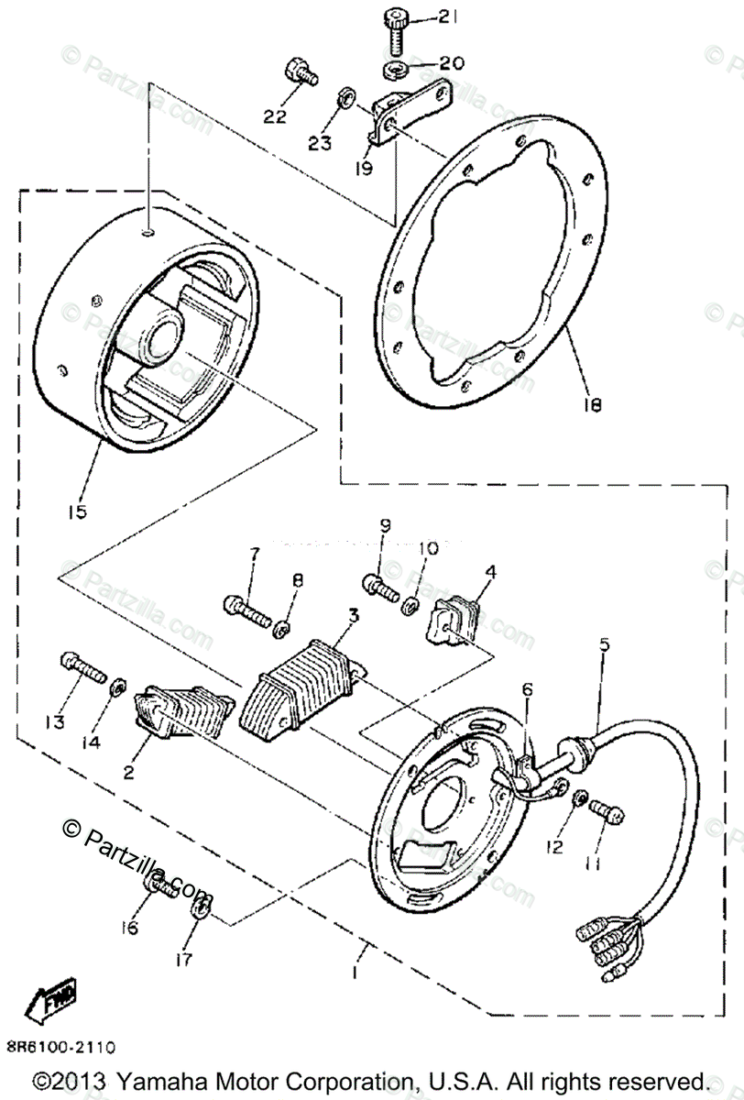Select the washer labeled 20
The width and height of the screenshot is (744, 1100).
pyautogui.click(x=395, y=70)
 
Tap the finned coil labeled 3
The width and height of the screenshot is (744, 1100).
pyautogui.click(x=295, y=683)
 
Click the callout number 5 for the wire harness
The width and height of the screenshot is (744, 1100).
pyautogui.click(x=604, y=644)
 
